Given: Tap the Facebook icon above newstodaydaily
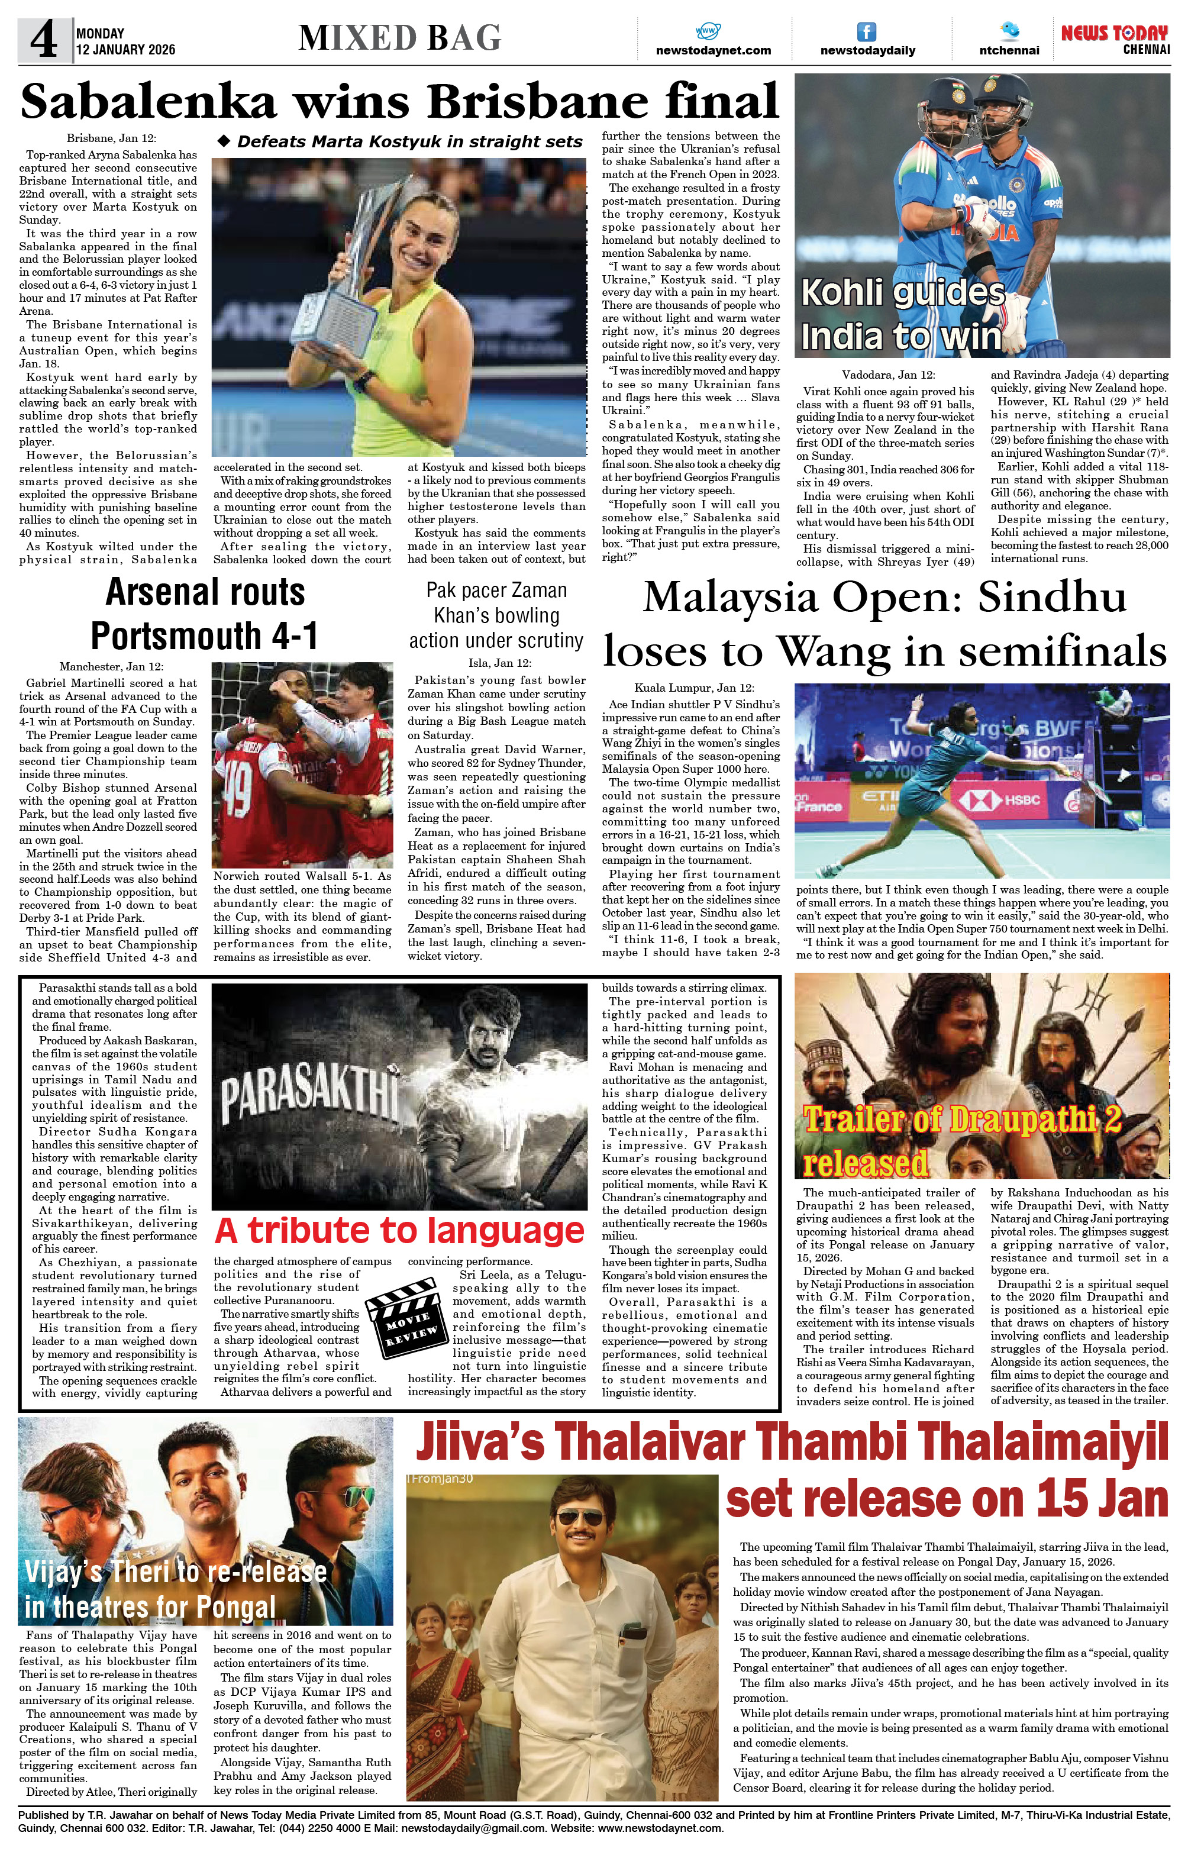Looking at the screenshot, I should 867,31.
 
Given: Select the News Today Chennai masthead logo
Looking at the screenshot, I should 1114,39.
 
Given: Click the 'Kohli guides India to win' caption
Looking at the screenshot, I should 903,315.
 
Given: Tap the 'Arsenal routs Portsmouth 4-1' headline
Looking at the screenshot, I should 205,614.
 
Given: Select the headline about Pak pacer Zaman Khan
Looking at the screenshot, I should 496,615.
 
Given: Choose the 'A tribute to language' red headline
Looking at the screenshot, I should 399,1231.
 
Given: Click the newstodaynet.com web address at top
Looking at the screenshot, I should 713,51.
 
